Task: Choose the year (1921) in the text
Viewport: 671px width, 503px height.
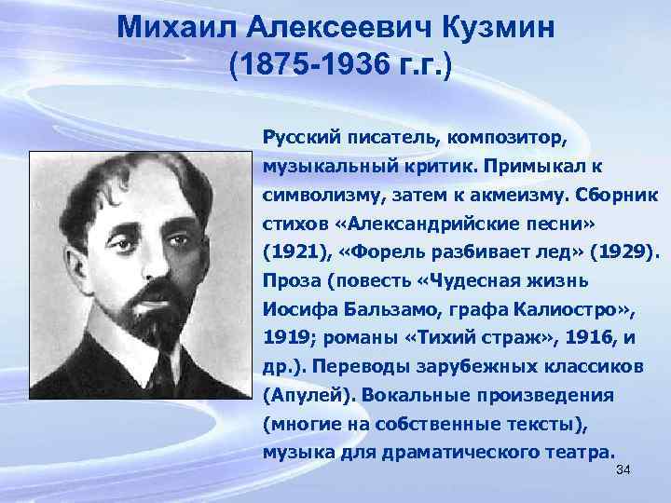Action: tap(292, 253)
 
